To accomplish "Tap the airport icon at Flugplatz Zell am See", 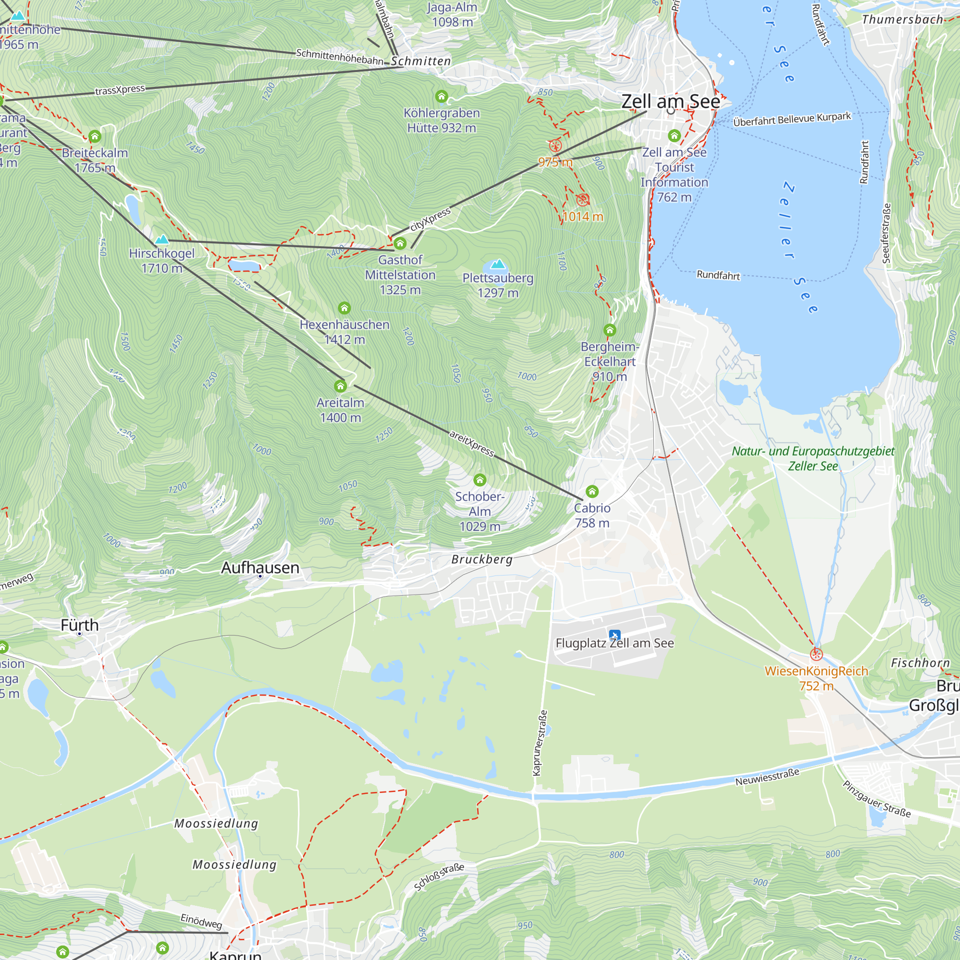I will tap(615, 635).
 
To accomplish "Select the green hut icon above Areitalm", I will tap(340, 386).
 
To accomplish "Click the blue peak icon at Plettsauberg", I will tap(497, 264).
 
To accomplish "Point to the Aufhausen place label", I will tap(260, 567).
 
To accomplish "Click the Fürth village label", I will tap(80, 625).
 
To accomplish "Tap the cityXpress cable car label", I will tap(430, 219).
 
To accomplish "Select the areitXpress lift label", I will tap(471, 443).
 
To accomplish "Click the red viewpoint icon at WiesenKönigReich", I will tap(816, 654).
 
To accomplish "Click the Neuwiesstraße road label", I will tap(767, 777).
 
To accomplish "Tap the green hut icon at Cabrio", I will tap(592, 492).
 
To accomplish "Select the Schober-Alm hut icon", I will tap(480, 480).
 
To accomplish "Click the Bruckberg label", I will tap(481, 560).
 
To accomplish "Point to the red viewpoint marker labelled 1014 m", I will tap(583, 200).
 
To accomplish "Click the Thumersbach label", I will tap(902, 20).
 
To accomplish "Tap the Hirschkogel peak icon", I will tap(162, 240).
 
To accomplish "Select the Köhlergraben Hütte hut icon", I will tap(441, 96).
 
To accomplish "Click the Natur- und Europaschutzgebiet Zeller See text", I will tap(813, 458).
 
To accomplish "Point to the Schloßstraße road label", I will tap(439, 877).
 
